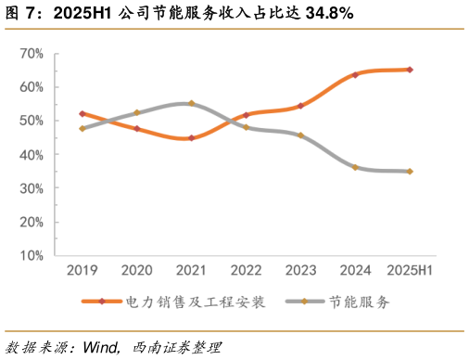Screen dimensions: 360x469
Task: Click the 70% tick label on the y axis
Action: pyautogui.click(x=31, y=54)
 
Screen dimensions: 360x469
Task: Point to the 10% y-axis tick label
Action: pyautogui.click(x=31, y=256)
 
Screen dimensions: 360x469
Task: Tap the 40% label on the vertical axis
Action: pyautogui.click(x=31, y=155)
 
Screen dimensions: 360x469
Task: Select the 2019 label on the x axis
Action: pyautogui.click(x=82, y=270)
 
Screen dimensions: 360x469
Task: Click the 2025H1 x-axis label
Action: pyautogui.click(x=410, y=270)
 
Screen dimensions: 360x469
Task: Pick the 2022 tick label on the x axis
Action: pyautogui.click(x=246, y=270)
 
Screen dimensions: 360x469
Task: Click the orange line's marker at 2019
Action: pyautogui.click(x=82, y=113)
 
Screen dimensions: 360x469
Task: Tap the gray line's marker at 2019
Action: pyautogui.click(x=82, y=128)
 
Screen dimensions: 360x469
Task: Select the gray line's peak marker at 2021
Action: pyautogui.click(x=191, y=103)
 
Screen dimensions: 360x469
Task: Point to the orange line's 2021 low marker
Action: pyautogui.click(x=191, y=138)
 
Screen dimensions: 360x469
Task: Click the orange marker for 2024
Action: pyautogui.click(x=355, y=74)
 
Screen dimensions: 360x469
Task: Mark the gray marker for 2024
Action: pyautogui.click(x=355, y=167)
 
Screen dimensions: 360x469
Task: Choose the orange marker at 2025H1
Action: pyautogui.click(x=410, y=70)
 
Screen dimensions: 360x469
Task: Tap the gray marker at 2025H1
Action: pyautogui.click(x=410, y=172)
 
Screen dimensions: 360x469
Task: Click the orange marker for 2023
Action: pyautogui.click(x=300, y=106)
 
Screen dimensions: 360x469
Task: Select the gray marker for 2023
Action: pyautogui.click(x=300, y=135)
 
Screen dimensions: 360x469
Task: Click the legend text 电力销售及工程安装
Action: pyautogui.click(x=195, y=302)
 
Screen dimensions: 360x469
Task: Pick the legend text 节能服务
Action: pyautogui.click(x=359, y=302)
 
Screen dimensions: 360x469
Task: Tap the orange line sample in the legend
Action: pyautogui.click(x=102, y=302)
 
